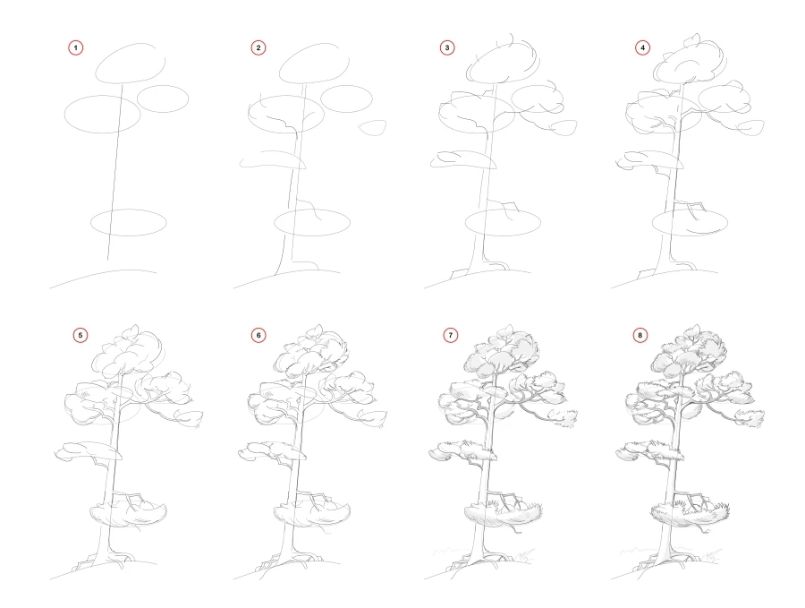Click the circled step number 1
click(x=77, y=47)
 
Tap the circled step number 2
click(x=259, y=47)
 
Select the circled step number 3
click(x=448, y=47)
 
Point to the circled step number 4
click(x=642, y=47)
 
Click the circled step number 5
click(x=81, y=335)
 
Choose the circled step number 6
click(x=259, y=335)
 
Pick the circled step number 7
click(x=450, y=335)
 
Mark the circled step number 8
click(x=640, y=335)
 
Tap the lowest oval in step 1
click(x=128, y=222)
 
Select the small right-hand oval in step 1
click(x=164, y=98)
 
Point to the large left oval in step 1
click(x=103, y=113)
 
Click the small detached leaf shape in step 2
click(x=372, y=127)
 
